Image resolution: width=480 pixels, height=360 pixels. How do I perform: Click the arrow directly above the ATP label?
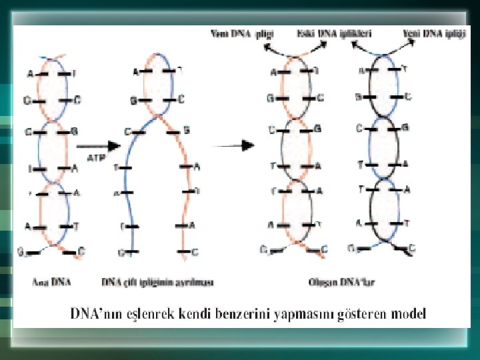(97, 145)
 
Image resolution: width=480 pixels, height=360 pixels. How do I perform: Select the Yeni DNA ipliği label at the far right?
(434, 32)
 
